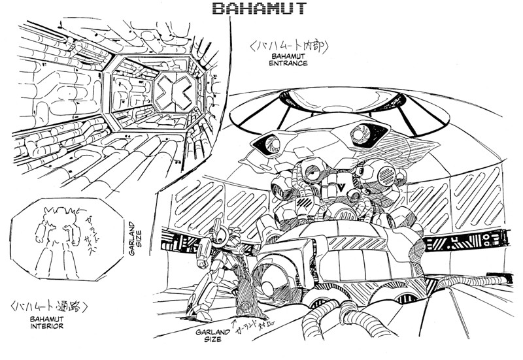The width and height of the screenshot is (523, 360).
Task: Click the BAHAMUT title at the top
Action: point(261,9)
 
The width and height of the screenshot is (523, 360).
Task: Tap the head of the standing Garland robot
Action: point(220,233)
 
